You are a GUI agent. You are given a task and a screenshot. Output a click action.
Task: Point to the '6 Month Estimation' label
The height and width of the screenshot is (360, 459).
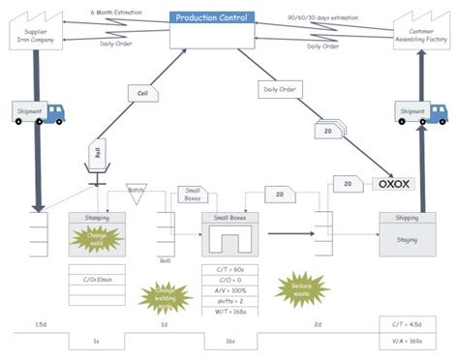[x=116, y=13]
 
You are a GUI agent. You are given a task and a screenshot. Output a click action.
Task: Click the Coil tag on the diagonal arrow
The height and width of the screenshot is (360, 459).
[x=142, y=93]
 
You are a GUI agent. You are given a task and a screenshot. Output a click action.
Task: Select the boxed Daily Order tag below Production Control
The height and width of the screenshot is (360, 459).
[x=279, y=89]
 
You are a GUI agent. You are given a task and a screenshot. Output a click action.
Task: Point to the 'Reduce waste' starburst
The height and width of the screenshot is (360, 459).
[x=296, y=287]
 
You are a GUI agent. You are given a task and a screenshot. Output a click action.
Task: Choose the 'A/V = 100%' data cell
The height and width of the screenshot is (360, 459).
[x=229, y=290]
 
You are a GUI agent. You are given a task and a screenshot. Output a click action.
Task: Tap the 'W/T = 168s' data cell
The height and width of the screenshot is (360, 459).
[x=229, y=311]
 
